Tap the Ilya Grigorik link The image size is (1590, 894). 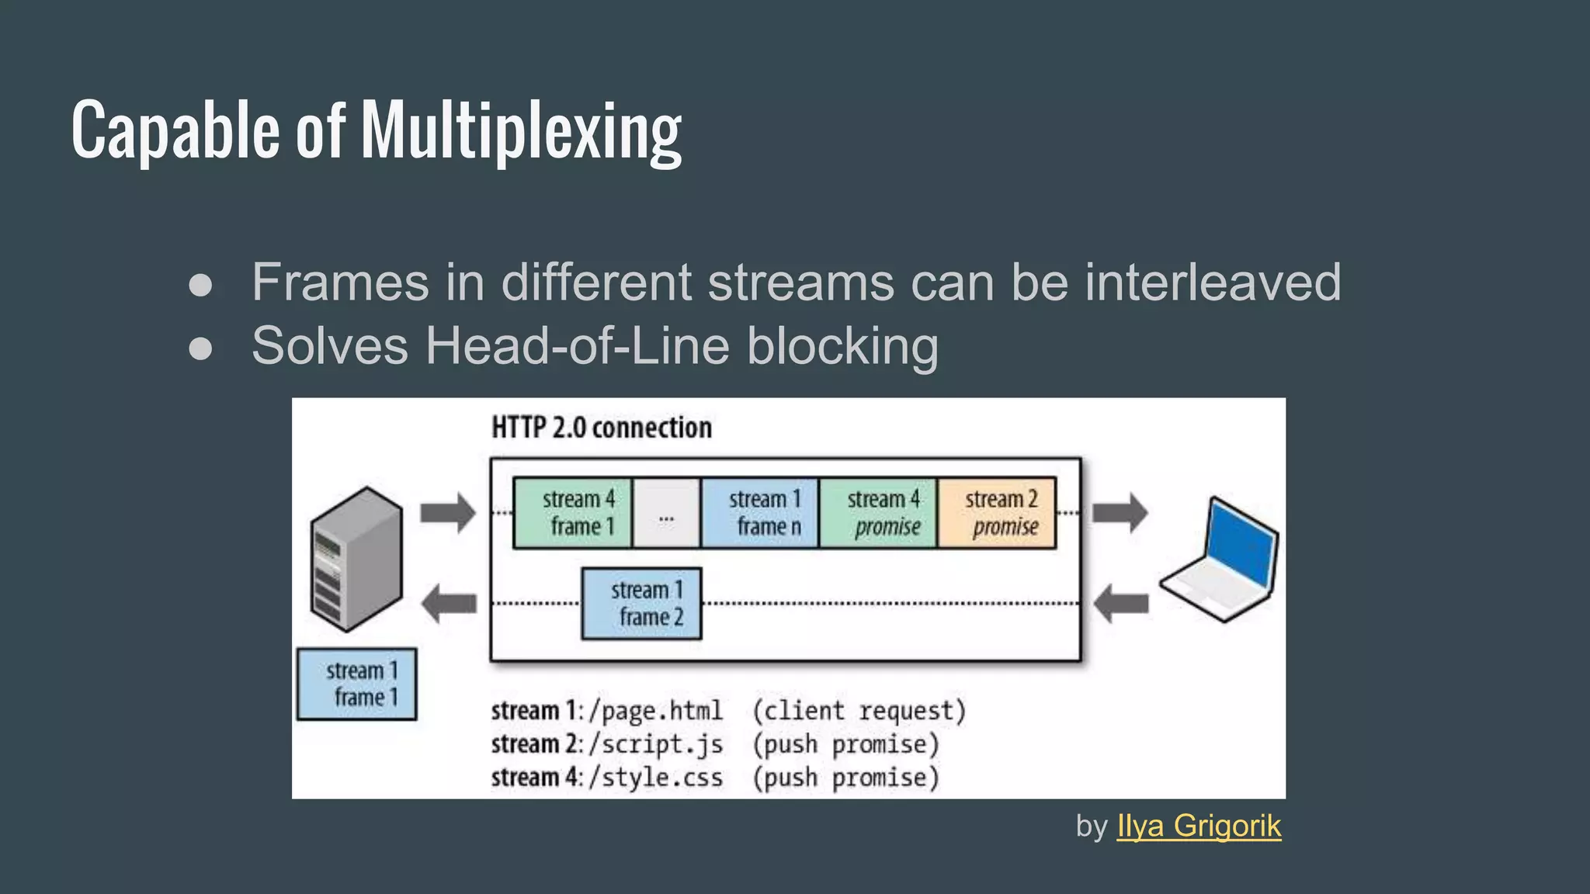pos(1199,826)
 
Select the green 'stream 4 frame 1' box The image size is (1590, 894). pos(573,513)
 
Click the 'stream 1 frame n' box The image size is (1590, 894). pos(760,513)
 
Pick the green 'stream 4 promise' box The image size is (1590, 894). pos(879,513)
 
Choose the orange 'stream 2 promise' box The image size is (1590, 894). pos(997,513)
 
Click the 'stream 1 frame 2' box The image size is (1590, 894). pos(642,604)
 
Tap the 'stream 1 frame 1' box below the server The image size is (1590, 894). pos(357,684)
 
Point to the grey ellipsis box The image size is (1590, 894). pos(666,513)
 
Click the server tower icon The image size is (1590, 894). pos(356,559)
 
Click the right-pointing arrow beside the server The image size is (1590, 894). pos(448,513)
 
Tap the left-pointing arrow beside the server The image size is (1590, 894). pos(448,604)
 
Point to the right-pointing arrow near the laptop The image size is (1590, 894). pos(1120,513)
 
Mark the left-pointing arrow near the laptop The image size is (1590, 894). pos(1120,604)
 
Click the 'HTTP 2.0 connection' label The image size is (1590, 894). pos(602,428)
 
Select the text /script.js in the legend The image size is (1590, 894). pos(656,744)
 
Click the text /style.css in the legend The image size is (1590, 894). pos(656,778)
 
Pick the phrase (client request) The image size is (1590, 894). pos(859,711)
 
